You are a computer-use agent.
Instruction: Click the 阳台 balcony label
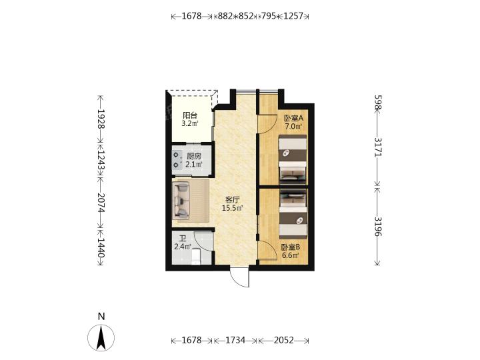(x=190, y=116)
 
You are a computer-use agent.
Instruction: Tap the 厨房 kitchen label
(x=194, y=156)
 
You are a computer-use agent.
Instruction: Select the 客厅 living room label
(x=233, y=200)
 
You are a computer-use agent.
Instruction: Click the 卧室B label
(x=291, y=247)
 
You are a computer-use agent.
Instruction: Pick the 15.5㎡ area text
(x=233, y=209)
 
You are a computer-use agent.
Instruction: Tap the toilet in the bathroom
(x=195, y=257)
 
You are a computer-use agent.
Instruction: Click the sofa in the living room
(x=181, y=201)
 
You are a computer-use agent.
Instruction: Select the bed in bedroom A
(x=293, y=159)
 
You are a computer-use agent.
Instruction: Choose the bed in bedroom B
(x=293, y=214)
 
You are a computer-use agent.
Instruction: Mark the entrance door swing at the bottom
(x=240, y=277)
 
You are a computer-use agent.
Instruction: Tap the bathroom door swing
(x=203, y=241)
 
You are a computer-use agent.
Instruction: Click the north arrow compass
(x=101, y=337)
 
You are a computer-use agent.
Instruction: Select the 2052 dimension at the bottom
(x=283, y=341)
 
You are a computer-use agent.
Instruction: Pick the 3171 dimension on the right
(x=378, y=147)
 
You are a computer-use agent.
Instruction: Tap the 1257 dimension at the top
(x=293, y=16)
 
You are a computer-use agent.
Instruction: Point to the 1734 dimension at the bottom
(x=235, y=341)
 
